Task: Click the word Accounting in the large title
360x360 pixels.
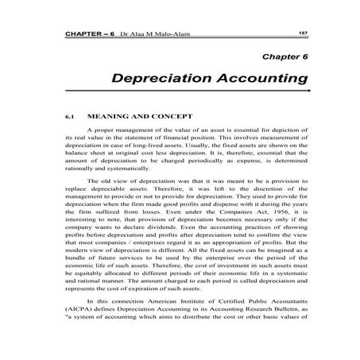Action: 258,79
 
